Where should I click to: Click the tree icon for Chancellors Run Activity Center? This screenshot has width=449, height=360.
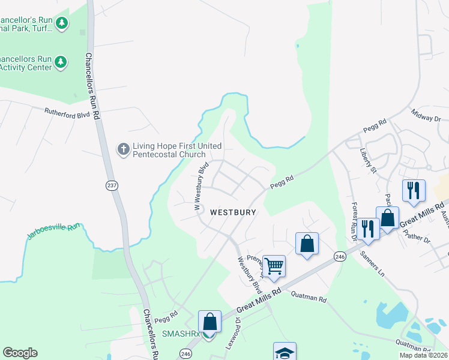pyautogui.click(x=61, y=61)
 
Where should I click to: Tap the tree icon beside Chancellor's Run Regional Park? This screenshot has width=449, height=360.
pyautogui.click(x=61, y=23)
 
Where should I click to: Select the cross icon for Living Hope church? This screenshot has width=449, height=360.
pyautogui.click(x=123, y=149)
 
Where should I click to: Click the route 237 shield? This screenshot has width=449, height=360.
pyautogui.click(x=112, y=185)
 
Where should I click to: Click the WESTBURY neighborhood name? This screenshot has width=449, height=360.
pyautogui.click(x=233, y=212)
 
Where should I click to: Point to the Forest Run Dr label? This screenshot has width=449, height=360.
pyautogui.click(x=354, y=220)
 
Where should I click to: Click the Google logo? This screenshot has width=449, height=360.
pyautogui.click(x=20, y=353)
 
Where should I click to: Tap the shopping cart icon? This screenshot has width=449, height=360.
pyautogui.click(x=274, y=266)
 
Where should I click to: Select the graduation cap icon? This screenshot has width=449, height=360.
pyautogui.click(x=285, y=352)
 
